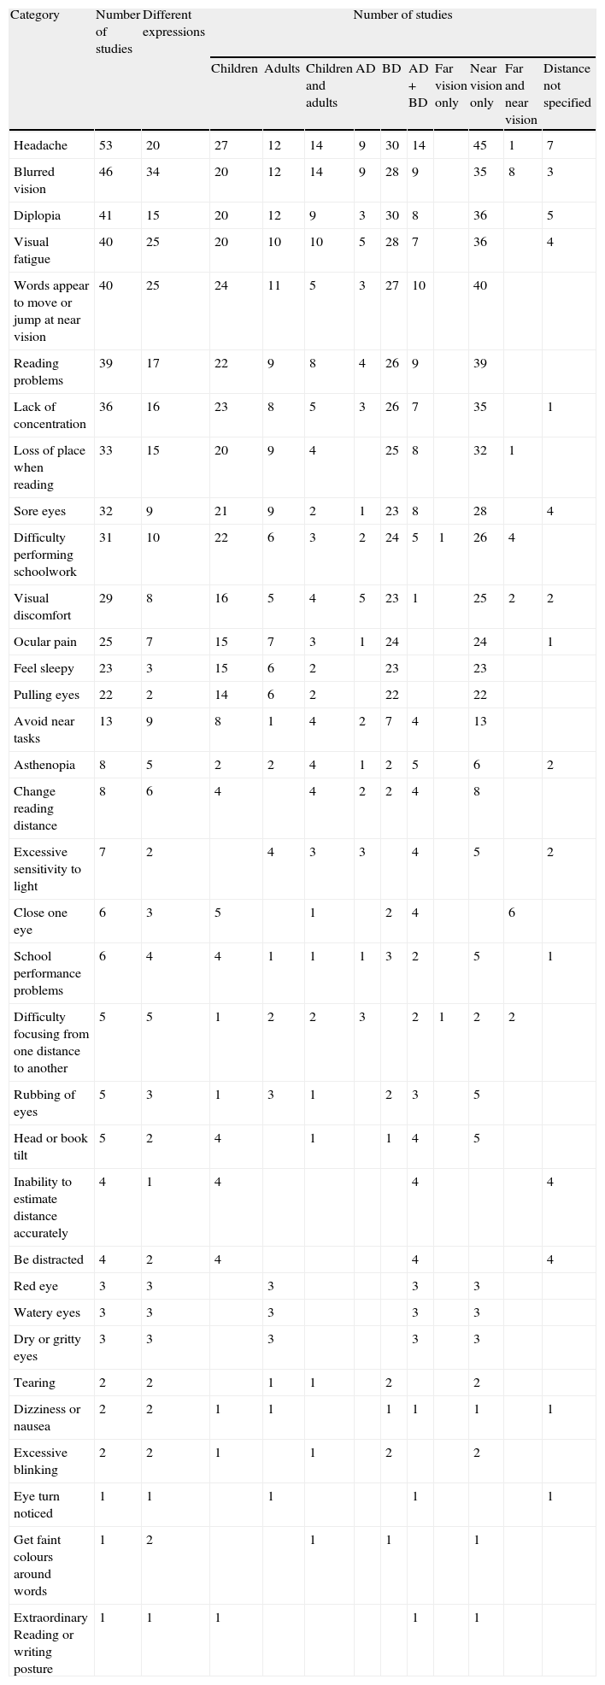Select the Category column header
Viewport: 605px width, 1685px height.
pyautogui.click(x=36, y=15)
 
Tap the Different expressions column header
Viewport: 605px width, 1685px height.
pyautogui.click(x=173, y=24)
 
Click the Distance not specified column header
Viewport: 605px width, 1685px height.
pyautogui.click(x=567, y=85)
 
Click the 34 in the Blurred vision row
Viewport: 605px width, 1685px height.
pyautogui.click(x=153, y=172)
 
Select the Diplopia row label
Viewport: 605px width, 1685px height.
pyautogui.click(x=37, y=215)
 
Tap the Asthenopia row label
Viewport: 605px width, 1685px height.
pyautogui.click(x=44, y=765)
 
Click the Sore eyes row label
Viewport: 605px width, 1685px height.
pyautogui.click(x=39, y=511)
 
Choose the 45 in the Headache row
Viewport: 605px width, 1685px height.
pyautogui.click(x=480, y=145)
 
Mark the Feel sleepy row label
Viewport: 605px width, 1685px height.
pyautogui.click(x=44, y=668)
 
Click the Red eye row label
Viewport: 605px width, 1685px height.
pyautogui.click(x=36, y=1286)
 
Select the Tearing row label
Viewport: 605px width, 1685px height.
pyautogui.click(x=34, y=1383)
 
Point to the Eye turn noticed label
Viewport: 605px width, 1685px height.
pyautogui.click(x=38, y=1505)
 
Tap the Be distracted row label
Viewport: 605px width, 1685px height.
pyautogui.click(x=49, y=1259)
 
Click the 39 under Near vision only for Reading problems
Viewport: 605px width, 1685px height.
pyautogui.click(x=480, y=363)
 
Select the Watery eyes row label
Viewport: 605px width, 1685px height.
pyautogui.click(x=47, y=1312)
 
